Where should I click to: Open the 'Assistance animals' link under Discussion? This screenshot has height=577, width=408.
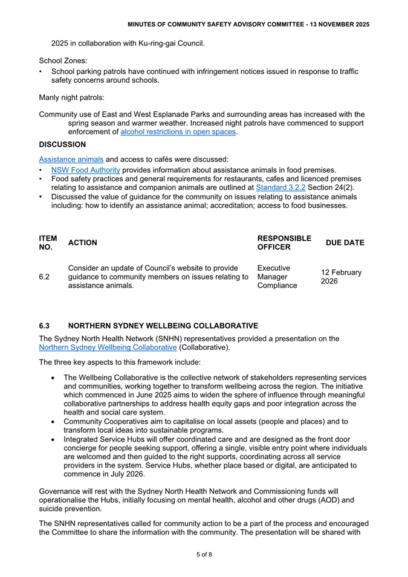coord(71,159)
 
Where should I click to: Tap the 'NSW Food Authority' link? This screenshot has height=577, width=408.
coord(85,170)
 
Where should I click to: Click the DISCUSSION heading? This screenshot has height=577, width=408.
coord(62,145)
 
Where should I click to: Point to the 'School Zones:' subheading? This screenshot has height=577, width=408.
coord(63,61)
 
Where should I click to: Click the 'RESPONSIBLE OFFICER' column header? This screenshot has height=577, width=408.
coord(284,243)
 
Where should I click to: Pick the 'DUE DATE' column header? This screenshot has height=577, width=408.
coord(345,243)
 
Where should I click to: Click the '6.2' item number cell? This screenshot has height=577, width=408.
coord(44,277)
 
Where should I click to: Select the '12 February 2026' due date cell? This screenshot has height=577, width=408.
coord(341,277)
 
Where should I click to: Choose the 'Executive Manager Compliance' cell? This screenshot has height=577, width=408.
coord(277,277)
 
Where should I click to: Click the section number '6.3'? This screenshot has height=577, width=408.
coord(44,326)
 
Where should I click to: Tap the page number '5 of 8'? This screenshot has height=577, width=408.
coord(204,554)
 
